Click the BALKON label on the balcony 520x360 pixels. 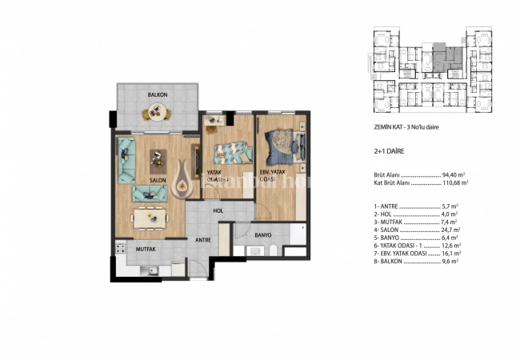(157, 94)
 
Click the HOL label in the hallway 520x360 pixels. (218, 210)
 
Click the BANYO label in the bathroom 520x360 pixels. (264, 235)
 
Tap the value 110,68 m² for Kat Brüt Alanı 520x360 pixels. (455, 183)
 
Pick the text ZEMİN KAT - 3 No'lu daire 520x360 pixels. (407, 127)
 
